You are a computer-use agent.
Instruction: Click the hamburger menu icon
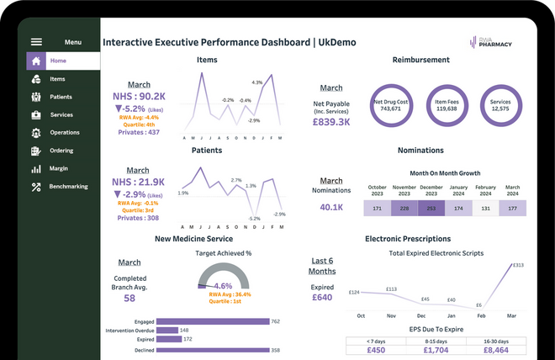click(x=36, y=42)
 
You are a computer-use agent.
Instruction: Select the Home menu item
click(x=57, y=61)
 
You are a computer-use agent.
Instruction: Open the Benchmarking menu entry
click(x=68, y=186)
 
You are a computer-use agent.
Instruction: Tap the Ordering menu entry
click(x=61, y=151)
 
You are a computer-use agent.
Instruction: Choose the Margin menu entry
click(x=59, y=168)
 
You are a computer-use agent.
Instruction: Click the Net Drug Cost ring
click(x=391, y=105)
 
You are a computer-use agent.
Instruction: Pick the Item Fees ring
click(x=447, y=105)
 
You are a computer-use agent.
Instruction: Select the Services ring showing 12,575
click(x=499, y=105)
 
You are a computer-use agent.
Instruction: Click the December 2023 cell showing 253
click(x=431, y=208)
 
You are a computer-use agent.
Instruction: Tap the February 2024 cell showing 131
click(x=485, y=208)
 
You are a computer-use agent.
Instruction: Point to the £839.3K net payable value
click(x=331, y=121)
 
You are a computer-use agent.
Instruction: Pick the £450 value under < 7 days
click(x=377, y=350)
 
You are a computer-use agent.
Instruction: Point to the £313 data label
click(x=518, y=266)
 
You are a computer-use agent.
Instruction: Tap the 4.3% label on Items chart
click(x=257, y=82)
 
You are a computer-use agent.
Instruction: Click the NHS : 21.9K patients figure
click(x=140, y=182)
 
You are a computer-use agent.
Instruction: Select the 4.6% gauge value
click(x=224, y=286)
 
